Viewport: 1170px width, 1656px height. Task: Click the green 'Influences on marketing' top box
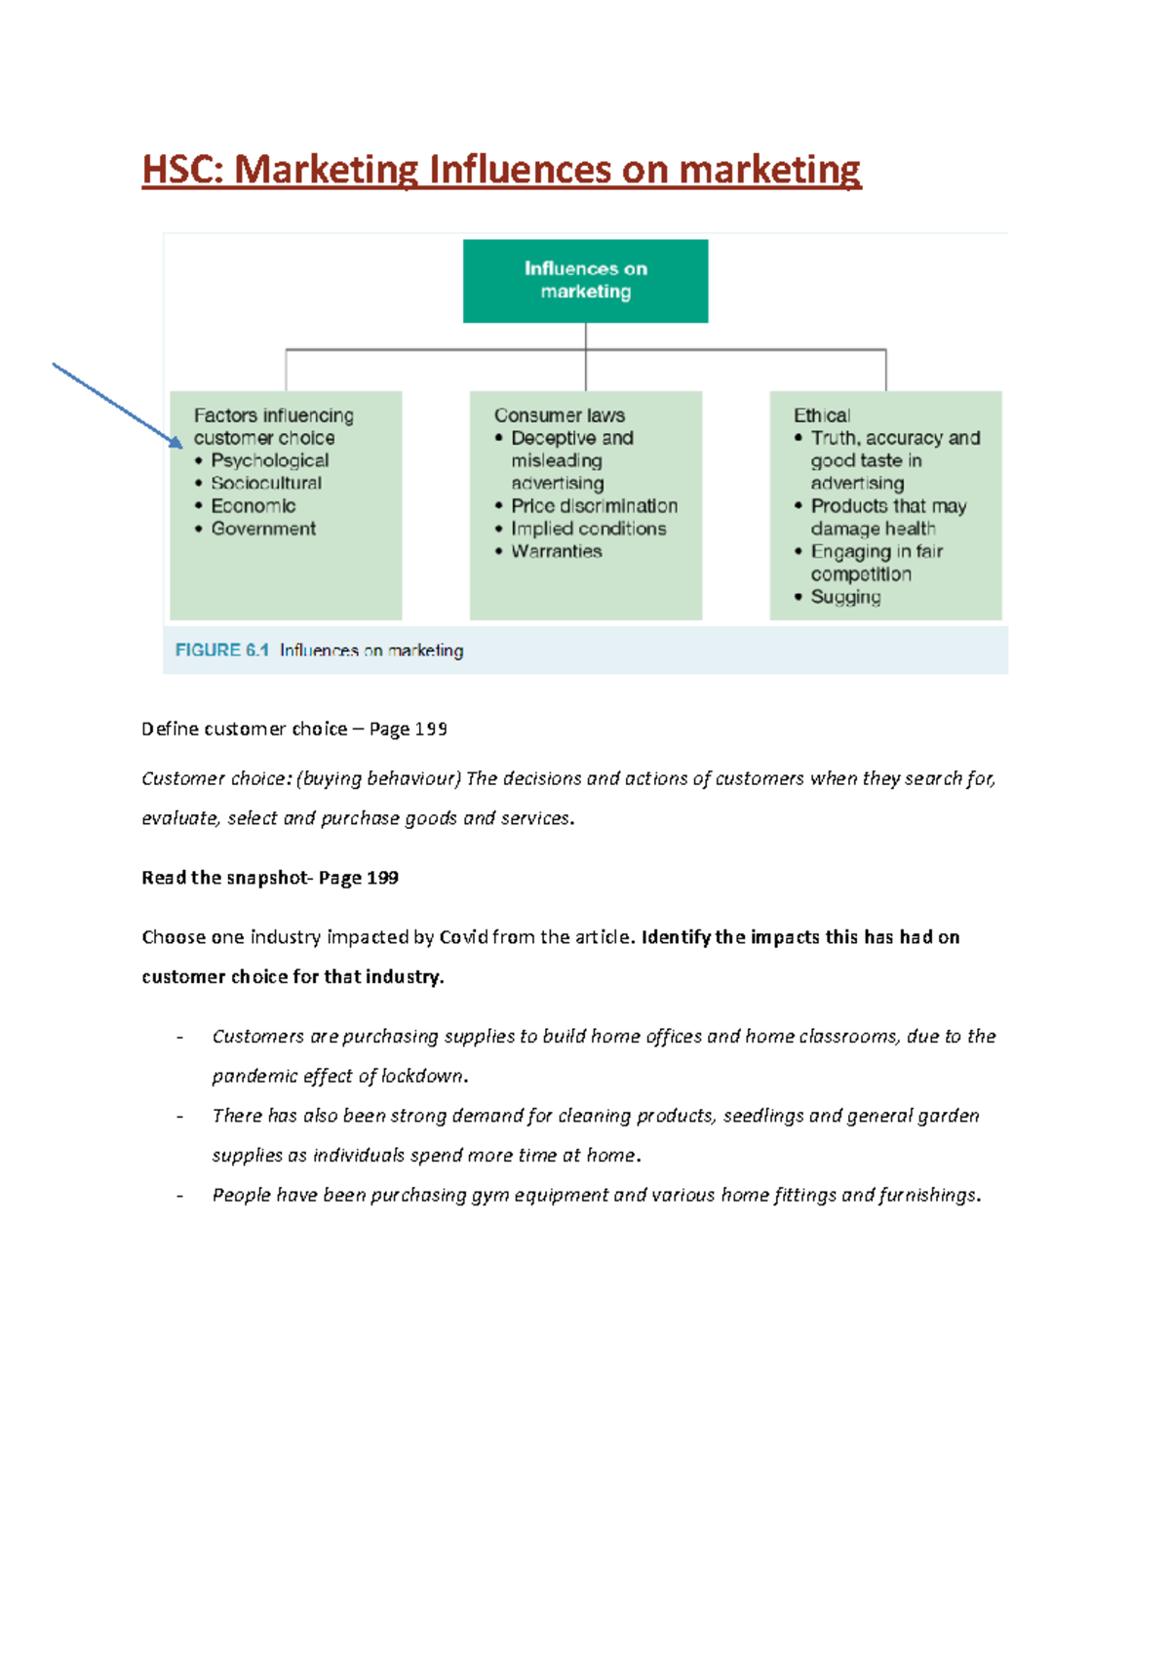click(x=585, y=280)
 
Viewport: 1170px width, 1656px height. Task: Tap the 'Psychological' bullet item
click(x=269, y=460)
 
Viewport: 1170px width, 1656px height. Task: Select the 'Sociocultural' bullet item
click(x=266, y=483)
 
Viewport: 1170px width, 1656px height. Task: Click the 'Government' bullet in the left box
click(x=263, y=529)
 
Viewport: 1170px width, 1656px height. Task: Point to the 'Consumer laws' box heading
click(x=559, y=415)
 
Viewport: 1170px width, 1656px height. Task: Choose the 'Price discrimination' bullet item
click(x=594, y=506)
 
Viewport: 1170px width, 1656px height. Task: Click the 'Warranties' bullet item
click(x=556, y=551)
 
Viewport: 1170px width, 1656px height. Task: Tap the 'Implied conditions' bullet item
click(x=588, y=529)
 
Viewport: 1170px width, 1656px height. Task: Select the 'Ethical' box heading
click(x=821, y=415)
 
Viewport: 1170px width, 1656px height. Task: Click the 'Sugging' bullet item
click(x=845, y=597)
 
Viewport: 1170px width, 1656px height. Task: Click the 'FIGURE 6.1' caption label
click(x=221, y=651)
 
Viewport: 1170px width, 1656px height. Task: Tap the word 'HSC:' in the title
click(x=183, y=170)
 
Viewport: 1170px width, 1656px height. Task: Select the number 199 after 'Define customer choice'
click(x=431, y=729)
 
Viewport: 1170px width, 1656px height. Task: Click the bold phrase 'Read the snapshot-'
click(x=225, y=878)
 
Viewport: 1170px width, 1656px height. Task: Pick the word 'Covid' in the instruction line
click(x=463, y=937)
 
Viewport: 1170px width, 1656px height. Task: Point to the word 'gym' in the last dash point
click(x=490, y=1196)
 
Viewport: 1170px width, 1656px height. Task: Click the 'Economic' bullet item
click(x=253, y=506)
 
